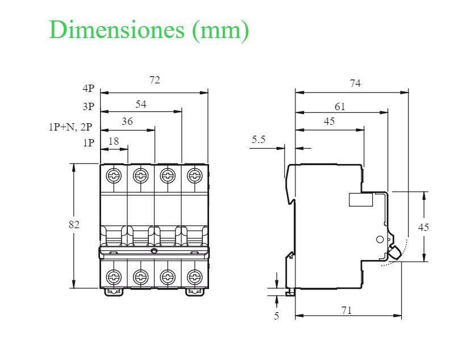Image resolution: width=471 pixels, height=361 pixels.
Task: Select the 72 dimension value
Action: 155,80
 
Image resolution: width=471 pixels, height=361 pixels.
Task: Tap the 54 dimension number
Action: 141,104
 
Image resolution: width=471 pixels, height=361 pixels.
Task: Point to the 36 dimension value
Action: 127,121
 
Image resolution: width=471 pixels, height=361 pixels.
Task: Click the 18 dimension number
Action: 114,141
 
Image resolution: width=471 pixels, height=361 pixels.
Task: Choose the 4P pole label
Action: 88,89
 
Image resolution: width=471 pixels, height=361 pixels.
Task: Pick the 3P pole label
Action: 88,107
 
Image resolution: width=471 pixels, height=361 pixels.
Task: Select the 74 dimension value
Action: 355,83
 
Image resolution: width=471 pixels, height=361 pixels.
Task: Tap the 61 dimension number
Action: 340,106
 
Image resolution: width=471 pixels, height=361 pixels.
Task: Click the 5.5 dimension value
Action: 259,140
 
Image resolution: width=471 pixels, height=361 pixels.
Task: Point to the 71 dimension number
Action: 347,310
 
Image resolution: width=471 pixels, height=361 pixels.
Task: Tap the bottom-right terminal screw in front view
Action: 195,277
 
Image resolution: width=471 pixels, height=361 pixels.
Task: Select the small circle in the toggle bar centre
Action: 153,251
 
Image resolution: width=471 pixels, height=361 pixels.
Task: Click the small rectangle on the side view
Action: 360,199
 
